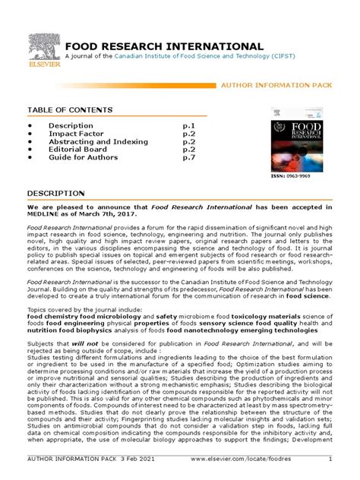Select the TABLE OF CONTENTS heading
[70, 110]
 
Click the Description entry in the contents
[71, 125]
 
